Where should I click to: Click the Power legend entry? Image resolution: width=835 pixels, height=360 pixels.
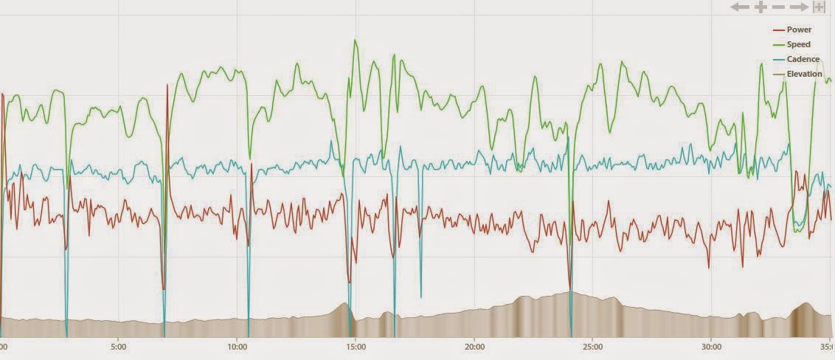(x=798, y=30)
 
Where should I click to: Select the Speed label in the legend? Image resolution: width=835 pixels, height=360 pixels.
(x=798, y=44)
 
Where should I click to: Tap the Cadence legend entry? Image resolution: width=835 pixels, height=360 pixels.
(x=802, y=59)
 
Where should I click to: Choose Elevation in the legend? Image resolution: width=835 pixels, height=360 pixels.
(x=804, y=74)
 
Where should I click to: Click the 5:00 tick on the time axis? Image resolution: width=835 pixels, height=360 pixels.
(x=118, y=346)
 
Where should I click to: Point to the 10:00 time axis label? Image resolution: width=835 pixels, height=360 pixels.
(x=237, y=346)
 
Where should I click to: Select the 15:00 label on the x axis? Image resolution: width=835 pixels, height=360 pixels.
(x=356, y=346)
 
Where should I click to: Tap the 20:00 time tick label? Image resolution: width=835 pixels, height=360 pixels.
(x=474, y=346)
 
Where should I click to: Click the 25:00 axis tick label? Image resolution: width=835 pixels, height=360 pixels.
(x=592, y=346)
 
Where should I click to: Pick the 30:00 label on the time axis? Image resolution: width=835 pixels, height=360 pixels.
(x=711, y=346)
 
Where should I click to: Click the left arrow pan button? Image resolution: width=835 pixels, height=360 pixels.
(x=740, y=7)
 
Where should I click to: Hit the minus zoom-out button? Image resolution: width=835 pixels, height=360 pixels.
(x=780, y=7)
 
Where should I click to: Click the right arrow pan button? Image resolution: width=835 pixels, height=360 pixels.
(x=800, y=7)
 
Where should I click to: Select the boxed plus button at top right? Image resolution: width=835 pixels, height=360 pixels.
(x=819, y=7)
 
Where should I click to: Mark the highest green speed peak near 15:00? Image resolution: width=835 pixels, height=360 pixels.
(x=355, y=40)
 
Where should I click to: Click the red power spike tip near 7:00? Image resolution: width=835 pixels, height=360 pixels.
(x=168, y=85)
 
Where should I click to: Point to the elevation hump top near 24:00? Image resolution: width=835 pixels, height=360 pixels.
(x=569, y=292)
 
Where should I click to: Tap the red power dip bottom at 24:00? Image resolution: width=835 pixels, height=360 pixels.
(x=570, y=288)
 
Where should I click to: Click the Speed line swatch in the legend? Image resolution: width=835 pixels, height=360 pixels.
(x=778, y=44)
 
